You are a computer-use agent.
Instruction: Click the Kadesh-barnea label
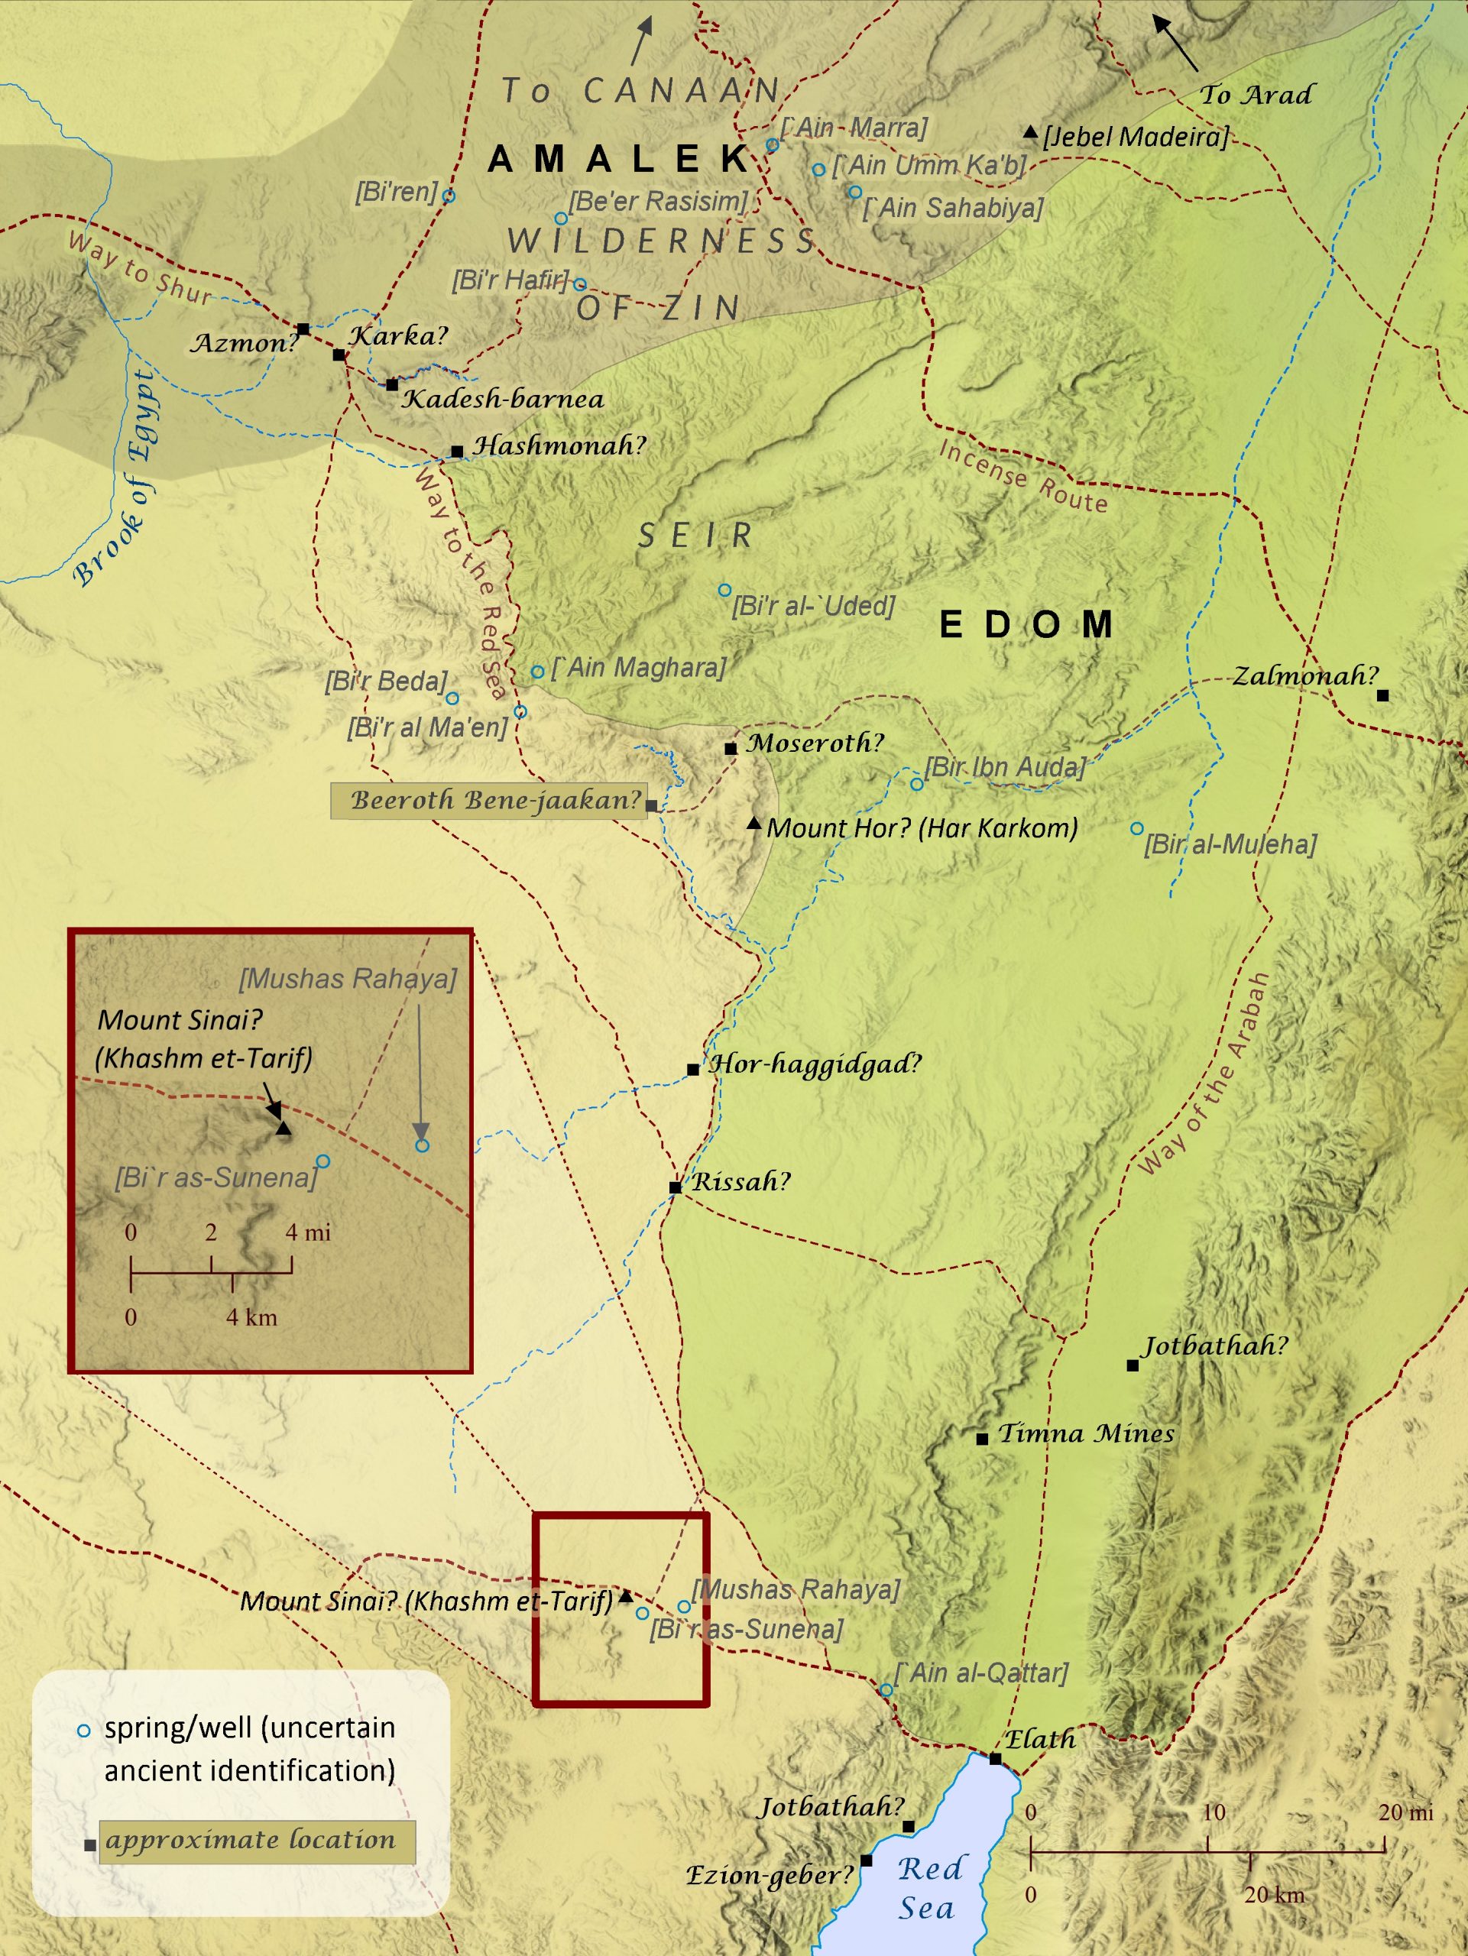[503, 399]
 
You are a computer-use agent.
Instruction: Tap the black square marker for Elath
[995, 1759]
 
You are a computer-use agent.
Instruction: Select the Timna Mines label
[1086, 1433]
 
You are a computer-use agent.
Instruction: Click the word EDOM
[1026, 625]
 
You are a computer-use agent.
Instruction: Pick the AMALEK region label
[619, 159]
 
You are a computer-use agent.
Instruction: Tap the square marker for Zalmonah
[1383, 696]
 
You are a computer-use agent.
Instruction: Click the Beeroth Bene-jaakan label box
[489, 800]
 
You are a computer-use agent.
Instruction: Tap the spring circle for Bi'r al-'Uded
[724, 590]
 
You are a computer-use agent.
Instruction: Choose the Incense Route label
[1023, 477]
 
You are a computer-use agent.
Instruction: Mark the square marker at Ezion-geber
[867, 1860]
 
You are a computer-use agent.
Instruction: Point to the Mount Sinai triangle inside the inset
[283, 1129]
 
